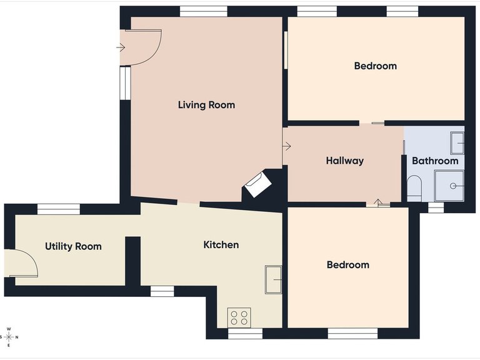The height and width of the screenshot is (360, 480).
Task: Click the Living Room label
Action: [207, 105]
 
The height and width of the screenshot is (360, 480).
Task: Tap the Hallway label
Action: [345, 161]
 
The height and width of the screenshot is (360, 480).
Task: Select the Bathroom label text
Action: [435, 161]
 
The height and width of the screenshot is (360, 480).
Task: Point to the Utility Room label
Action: [73, 246]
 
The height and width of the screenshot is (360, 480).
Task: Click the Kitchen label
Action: [221, 245]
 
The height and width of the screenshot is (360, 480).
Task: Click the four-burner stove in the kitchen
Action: [239, 317]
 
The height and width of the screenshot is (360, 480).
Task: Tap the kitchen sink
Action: [273, 279]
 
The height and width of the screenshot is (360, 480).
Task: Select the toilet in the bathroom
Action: [414, 189]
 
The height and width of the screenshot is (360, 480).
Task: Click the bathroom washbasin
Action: [457, 143]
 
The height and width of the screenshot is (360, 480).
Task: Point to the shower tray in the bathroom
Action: [449, 186]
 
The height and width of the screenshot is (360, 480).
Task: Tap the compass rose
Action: [9, 337]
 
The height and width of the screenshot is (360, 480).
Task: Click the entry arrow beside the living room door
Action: [121, 47]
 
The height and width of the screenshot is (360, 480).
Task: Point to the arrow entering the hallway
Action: [286, 146]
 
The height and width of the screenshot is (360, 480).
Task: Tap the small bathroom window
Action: [436, 207]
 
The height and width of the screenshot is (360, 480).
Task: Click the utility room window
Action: [59, 209]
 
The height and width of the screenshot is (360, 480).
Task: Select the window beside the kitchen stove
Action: [246, 334]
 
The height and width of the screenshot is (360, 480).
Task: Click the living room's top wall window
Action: [204, 11]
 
